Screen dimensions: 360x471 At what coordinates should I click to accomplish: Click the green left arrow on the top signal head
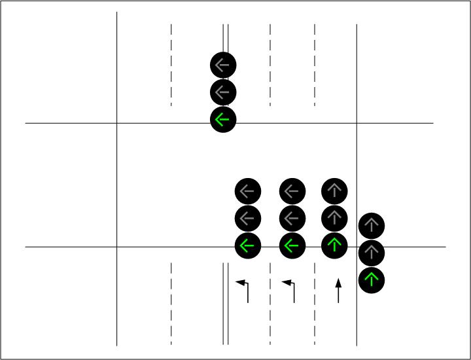tap(223, 120)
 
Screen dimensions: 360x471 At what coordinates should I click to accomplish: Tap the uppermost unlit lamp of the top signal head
tap(223, 65)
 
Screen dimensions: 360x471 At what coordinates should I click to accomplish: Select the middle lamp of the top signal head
tap(223, 92)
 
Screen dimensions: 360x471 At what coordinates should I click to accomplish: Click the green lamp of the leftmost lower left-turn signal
tap(248, 246)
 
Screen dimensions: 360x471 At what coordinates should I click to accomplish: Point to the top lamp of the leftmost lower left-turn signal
tap(248, 192)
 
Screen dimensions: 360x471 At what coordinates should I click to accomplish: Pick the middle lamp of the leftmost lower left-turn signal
tap(248, 219)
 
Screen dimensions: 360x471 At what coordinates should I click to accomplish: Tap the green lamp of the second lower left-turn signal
tap(292, 246)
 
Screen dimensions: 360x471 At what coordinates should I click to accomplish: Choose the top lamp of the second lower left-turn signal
tap(292, 192)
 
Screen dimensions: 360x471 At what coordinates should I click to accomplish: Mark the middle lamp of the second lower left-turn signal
tap(292, 219)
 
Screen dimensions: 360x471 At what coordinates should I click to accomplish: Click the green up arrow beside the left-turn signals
tap(335, 246)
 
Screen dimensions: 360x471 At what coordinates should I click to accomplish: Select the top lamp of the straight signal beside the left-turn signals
tap(335, 192)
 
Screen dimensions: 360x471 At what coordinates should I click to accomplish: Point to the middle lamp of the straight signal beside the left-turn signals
tap(335, 219)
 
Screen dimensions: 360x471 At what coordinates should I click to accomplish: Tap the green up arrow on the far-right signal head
tap(372, 280)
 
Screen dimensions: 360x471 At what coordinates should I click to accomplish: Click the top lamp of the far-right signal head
tap(372, 226)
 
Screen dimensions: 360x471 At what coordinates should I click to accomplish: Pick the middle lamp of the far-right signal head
tap(372, 253)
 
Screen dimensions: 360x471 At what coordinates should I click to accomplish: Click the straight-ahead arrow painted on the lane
tap(338, 291)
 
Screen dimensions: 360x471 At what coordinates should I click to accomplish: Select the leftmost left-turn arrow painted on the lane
tap(244, 291)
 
